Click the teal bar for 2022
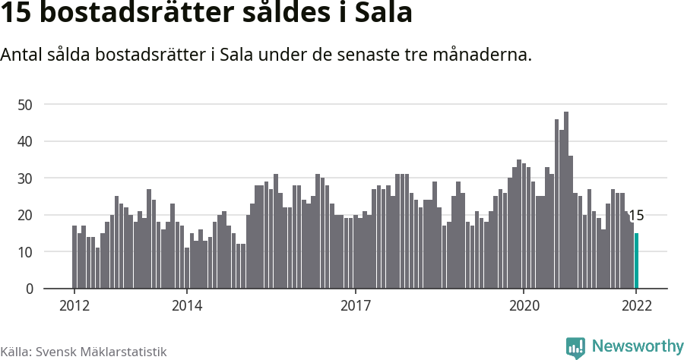tap(636, 261)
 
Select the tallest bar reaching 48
tap(566, 201)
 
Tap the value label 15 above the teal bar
tap(636, 216)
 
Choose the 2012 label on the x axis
tap(74, 306)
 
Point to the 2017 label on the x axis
tap(355, 306)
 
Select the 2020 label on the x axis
tap(524, 306)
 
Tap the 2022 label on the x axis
tap(636, 306)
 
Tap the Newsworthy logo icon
tap(575, 348)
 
